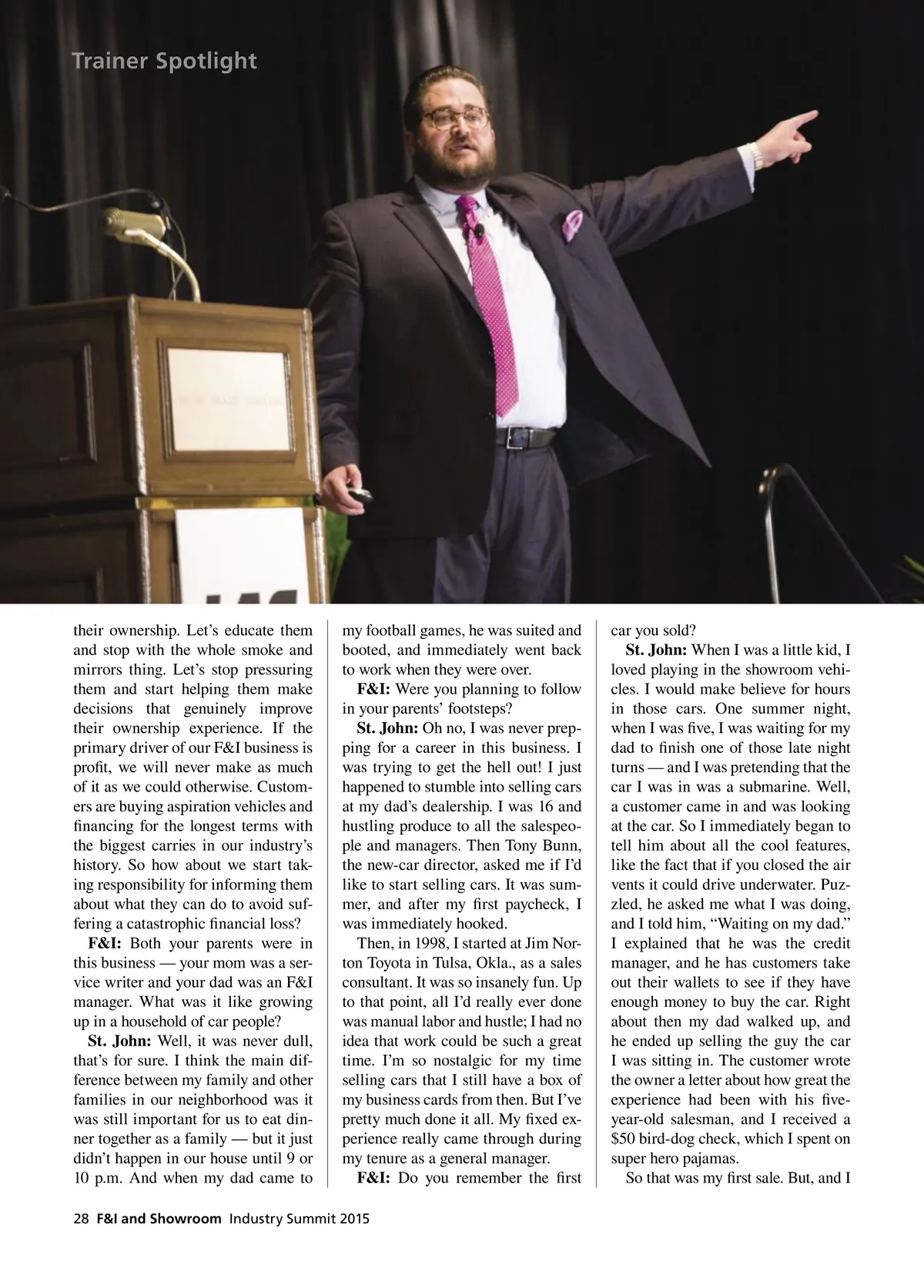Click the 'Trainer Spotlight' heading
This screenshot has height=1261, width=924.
click(164, 61)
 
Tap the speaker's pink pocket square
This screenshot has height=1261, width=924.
click(572, 224)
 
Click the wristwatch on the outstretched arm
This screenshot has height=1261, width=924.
click(758, 158)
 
